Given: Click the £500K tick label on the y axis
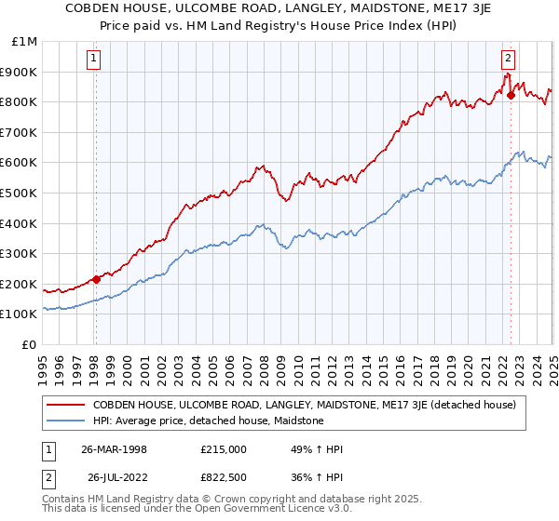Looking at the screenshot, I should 20,193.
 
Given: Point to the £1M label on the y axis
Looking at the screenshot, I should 25,42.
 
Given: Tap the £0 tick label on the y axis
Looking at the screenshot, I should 30,344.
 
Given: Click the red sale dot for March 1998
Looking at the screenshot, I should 96,279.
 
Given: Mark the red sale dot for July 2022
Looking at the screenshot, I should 511,95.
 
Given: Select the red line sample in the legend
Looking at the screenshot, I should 66,405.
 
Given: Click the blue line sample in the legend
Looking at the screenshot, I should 66,421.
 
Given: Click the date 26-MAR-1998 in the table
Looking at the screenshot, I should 115,449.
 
